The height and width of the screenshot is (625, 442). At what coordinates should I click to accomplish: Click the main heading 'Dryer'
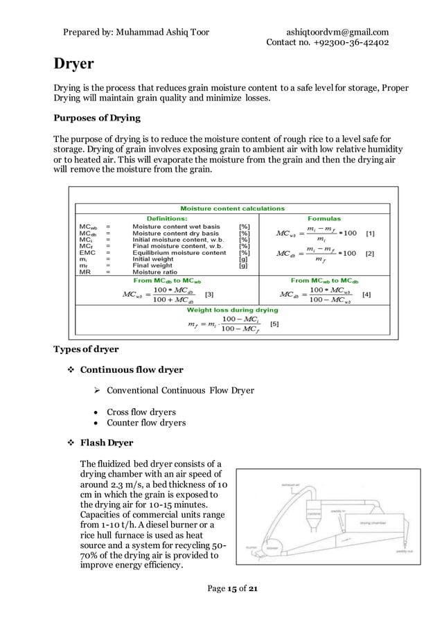pos(74,64)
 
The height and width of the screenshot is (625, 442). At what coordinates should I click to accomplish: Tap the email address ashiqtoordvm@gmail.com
pos(337,32)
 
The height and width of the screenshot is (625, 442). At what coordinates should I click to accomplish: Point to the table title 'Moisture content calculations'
pos(232,208)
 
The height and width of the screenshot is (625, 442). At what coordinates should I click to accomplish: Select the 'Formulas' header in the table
pos(324,218)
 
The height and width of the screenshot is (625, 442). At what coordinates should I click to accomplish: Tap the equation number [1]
pos(371,234)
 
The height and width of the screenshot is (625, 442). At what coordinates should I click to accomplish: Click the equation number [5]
pos(274,324)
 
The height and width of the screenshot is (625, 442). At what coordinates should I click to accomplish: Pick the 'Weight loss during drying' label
pos(232,310)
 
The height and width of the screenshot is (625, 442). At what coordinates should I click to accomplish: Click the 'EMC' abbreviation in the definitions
pos(88,253)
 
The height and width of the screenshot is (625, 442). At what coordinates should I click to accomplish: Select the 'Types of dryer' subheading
pos(86,349)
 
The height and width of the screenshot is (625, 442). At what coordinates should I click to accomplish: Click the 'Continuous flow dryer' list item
pos(132,369)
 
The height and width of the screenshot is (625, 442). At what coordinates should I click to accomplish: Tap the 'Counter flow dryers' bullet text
pos(146,423)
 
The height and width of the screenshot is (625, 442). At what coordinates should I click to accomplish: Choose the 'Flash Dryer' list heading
pos(107,442)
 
